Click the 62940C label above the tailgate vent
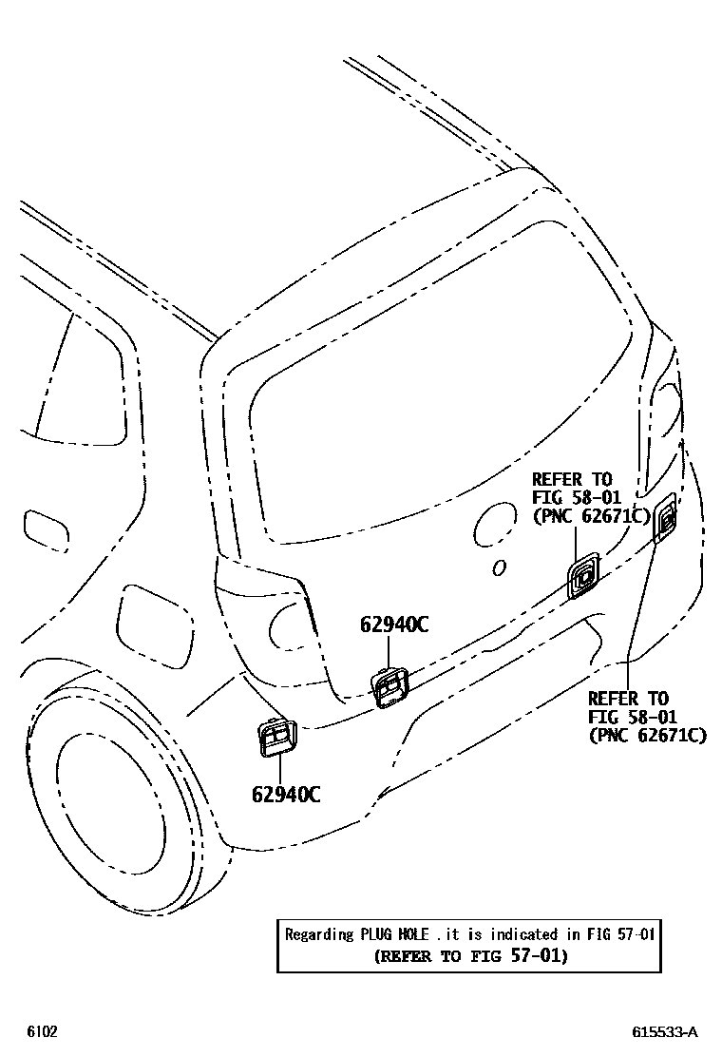coord(393,625)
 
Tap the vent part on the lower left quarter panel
coord(276,738)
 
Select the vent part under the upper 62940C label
coord(389,687)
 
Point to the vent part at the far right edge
coord(665,518)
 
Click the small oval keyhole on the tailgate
coord(498,567)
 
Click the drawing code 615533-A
coord(665,1032)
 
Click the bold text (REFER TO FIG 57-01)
coord(470,955)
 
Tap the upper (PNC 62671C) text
coord(591,516)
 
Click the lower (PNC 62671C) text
coord(647,735)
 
